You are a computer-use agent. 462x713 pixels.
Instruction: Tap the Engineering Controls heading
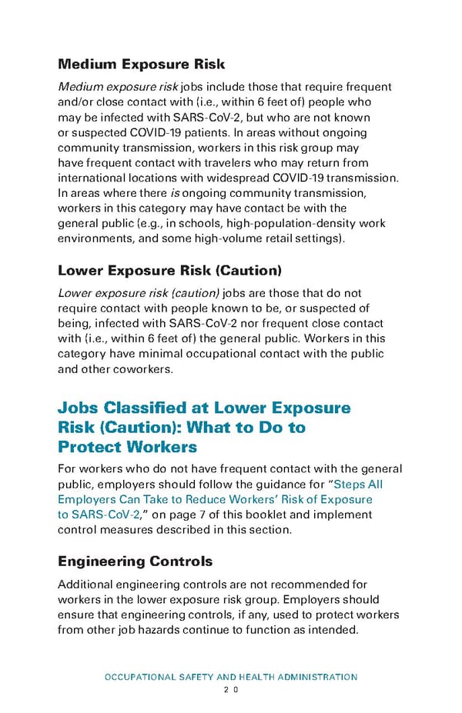point(135,561)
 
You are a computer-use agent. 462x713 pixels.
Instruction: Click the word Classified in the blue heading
point(158,408)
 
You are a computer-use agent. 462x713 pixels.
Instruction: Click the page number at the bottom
point(231,690)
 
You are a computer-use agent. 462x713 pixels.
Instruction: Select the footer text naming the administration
point(231,677)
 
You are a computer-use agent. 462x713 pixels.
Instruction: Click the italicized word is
point(174,193)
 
